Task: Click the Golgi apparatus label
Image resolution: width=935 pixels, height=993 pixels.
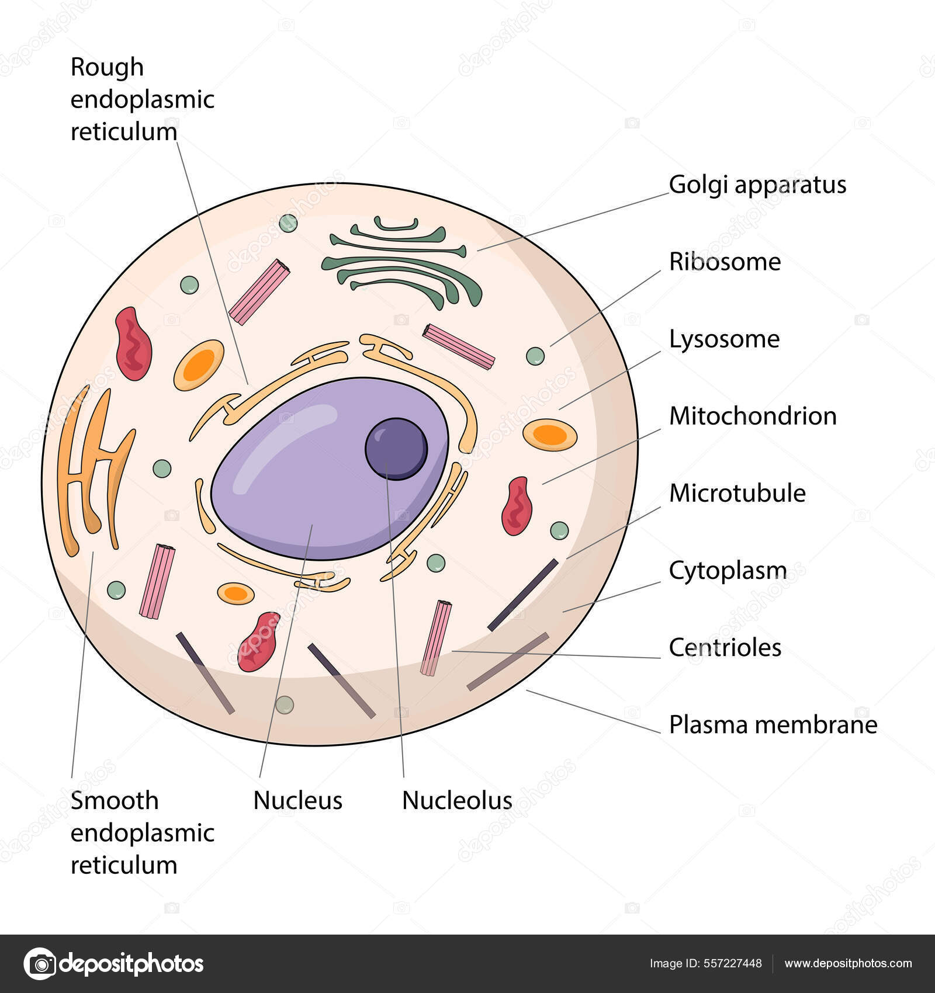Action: [x=757, y=185]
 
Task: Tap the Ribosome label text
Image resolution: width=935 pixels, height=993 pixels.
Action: [x=725, y=262]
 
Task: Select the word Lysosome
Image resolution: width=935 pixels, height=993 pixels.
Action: [x=724, y=339]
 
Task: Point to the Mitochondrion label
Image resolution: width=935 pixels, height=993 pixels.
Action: [x=753, y=416]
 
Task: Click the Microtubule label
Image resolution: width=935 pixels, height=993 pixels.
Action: [x=737, y=493]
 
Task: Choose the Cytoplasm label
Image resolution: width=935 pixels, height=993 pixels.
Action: [x=728, y=571]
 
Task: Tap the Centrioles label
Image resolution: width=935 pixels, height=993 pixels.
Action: [x=725, y=647]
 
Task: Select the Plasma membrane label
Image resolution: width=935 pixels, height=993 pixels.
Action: [x=773, y=724]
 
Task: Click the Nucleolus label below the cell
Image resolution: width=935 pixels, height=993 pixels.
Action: [x=457, y=800]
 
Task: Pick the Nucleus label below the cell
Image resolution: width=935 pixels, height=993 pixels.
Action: [x=297, y=800]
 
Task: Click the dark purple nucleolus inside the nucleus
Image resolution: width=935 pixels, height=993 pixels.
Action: [x=396, y=449]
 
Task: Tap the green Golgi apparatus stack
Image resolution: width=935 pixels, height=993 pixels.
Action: [x=403, y=263]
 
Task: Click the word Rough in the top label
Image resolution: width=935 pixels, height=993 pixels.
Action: [x=107, y=67]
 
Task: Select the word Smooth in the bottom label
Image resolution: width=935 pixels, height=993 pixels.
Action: [x=115, y=800]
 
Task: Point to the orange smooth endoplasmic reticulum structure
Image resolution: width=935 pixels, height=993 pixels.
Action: [x=93, y=467]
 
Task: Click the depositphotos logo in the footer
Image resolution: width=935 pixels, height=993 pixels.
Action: [x=114, y=964]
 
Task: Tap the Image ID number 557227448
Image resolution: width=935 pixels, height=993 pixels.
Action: [x=734, y=964]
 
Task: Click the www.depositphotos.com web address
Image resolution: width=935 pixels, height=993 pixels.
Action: [x=848, y=964]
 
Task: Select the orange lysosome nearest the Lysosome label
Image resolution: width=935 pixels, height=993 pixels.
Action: [x=549, y=435]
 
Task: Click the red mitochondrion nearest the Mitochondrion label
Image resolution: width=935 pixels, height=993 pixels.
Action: [x=517, y=506]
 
